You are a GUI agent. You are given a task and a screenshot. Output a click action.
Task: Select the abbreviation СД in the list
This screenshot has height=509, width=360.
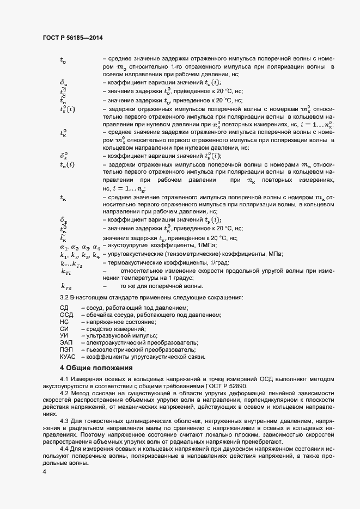64,308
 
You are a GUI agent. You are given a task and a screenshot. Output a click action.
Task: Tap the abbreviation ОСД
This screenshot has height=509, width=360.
66,315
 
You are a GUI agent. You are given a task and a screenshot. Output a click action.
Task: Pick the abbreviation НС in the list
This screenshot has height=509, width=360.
64,322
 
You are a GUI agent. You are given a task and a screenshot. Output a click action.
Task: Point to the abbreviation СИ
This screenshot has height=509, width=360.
64,329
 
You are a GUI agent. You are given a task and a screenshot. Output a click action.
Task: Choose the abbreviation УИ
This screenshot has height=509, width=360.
64,336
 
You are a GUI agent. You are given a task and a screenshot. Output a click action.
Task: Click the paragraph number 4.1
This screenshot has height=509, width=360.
64,378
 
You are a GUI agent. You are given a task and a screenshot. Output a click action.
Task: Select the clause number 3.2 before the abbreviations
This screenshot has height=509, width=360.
64,297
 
